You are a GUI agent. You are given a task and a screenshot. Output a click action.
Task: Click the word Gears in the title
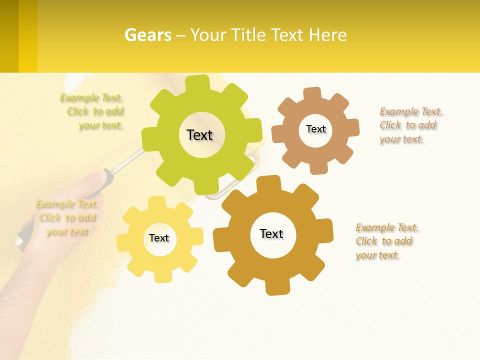148,35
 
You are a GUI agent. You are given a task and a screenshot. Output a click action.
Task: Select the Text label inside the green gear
199,135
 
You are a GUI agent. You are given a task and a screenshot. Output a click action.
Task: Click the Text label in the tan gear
315,129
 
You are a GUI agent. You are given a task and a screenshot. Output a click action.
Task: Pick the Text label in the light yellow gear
159,238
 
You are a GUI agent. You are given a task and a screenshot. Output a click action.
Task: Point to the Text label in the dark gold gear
271,233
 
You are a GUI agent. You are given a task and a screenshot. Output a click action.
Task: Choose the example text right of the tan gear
409,125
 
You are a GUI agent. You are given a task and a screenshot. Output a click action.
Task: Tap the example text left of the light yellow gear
67,217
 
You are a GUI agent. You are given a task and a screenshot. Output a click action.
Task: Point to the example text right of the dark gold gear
386,241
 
